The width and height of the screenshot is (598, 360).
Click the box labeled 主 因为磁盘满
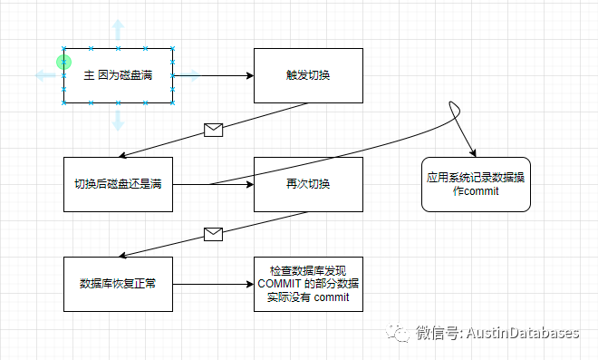(x=118, y=75)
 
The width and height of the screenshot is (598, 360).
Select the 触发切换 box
(x=308, y=75)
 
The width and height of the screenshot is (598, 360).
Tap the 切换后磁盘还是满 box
(x=118, y=184)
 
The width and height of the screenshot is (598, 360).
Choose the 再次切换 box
(x=308, y=184)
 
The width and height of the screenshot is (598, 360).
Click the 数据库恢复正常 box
(x=118, y=284)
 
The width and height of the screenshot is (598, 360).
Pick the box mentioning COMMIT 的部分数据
(x=308, y=284)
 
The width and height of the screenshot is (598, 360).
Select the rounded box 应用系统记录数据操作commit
(x=476, y=184)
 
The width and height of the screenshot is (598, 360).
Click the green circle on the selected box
(x=63, y=62)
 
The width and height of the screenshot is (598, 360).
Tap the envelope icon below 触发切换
(x=213, y=131)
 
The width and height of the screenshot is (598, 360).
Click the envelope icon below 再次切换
(x=213, y=234)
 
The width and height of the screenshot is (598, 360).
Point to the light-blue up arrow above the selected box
(x=118, y=30)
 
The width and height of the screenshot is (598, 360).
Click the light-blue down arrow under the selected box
(x=118, y=121)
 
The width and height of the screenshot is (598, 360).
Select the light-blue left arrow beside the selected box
(x=46, y=75)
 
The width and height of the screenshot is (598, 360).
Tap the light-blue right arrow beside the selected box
(x=189, y=75)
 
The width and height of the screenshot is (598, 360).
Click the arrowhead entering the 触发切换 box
(x=251, y=75)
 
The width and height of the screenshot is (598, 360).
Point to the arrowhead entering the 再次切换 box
(x=251, y=184)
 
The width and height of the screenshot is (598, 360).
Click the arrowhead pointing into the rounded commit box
(x=473, y=153)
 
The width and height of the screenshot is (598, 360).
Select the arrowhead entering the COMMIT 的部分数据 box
(x=251, y=284)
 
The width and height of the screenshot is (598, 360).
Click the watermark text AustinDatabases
(x=523, y=333)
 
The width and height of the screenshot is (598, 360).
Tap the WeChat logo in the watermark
(x=398, y=333)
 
